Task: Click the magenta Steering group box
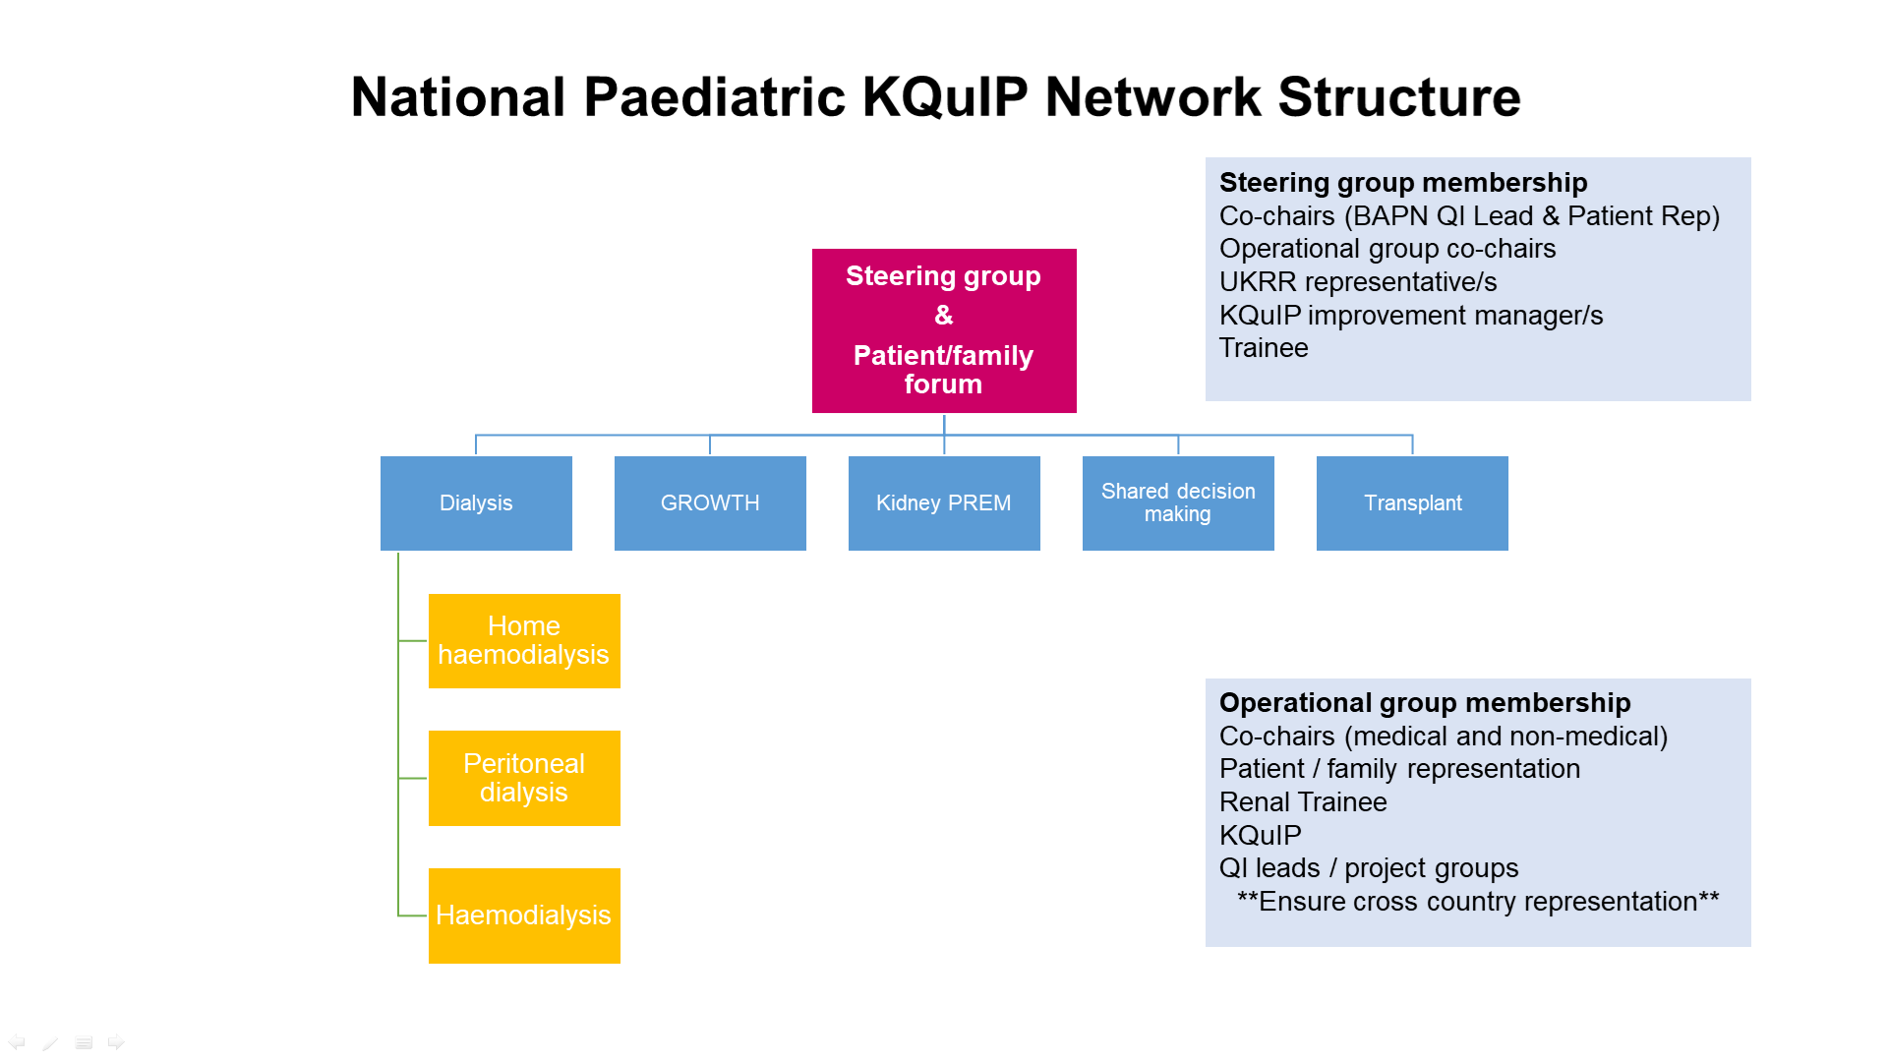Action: click(944, 330)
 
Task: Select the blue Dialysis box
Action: click(476, 502)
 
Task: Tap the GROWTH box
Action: click(710, 502)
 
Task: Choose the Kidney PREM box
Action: click(944, 502)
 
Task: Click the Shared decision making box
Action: click(1178, 502)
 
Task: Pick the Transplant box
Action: click(1412, 502)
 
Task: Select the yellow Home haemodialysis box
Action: click(524, 640)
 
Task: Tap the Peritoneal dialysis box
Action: click(524, 778)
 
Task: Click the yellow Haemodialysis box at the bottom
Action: click(524, 915)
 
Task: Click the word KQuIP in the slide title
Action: click(945, 97)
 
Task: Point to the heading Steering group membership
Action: click(1403, 183)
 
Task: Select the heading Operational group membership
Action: click(1425, 703)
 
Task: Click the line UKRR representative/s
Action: click(1358, 282)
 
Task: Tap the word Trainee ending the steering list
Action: click(1264, 348)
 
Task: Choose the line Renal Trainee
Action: click(1303, 802)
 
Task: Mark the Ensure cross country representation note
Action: click(1478, 902)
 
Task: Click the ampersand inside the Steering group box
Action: click(944, 316)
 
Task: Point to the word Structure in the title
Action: click(1399, 97)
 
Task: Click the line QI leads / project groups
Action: click(1369, 868)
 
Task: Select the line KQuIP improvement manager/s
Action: click(1411, 316)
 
